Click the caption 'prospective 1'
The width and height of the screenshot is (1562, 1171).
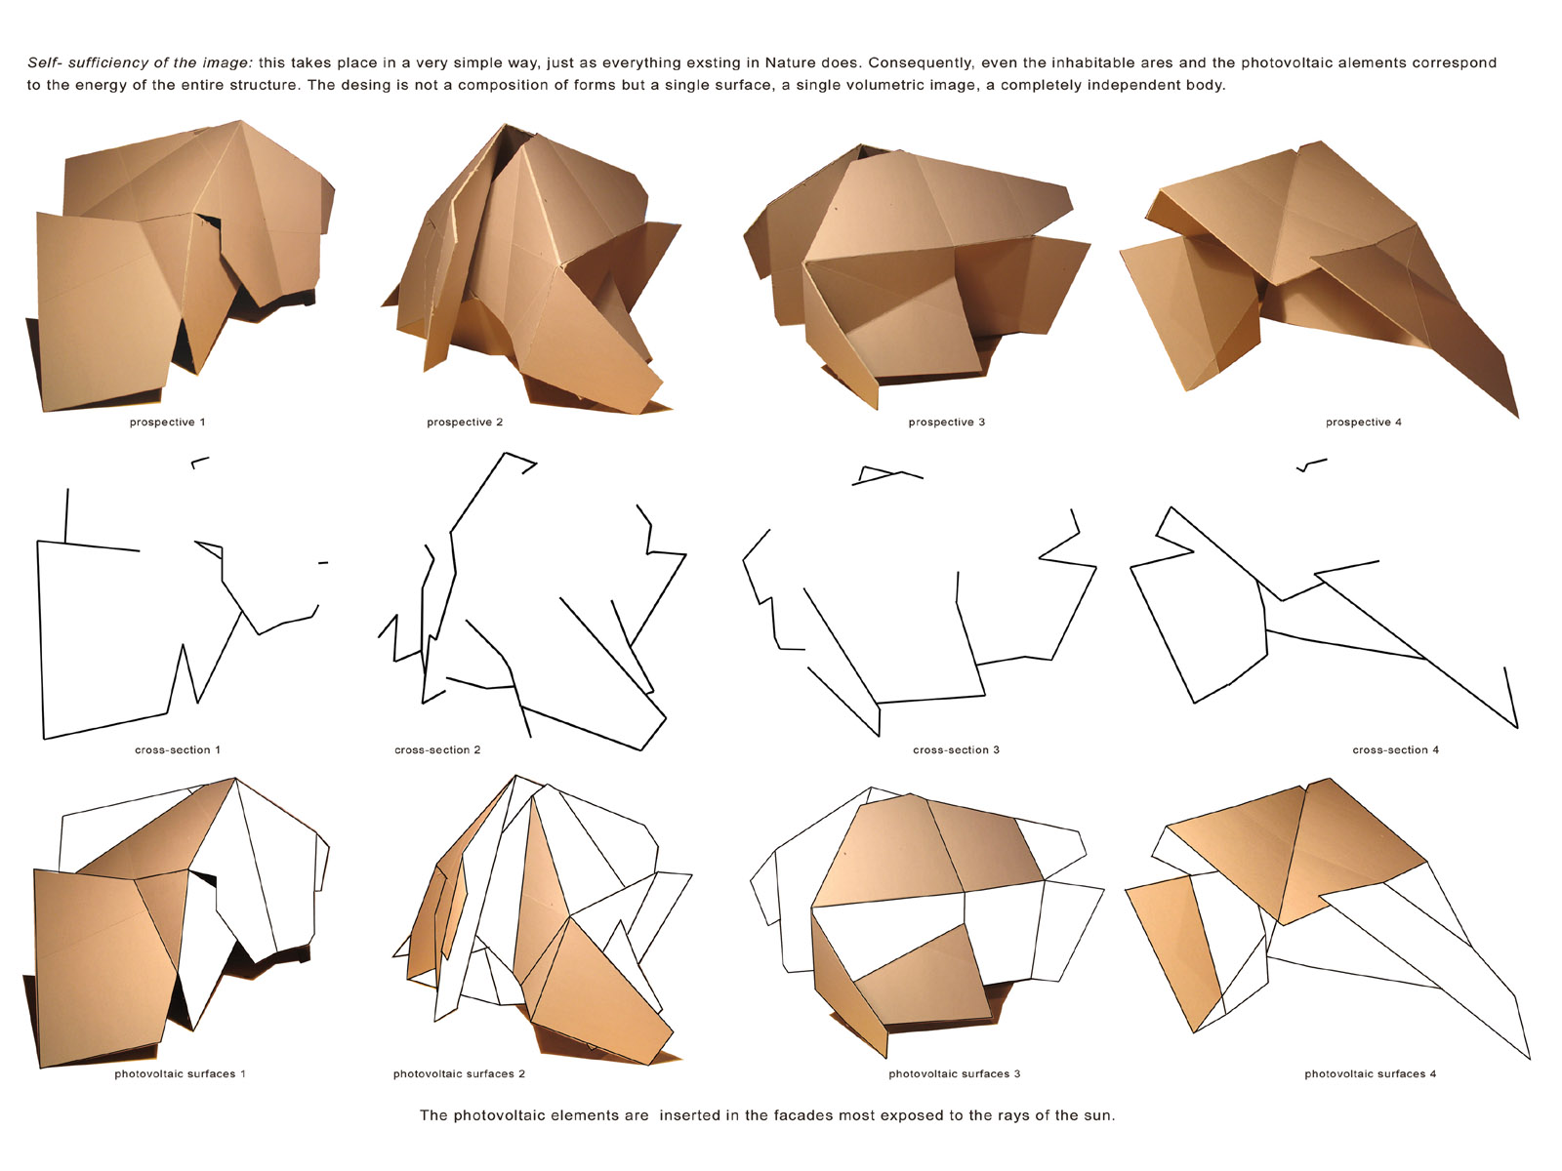click(x=167, y=423)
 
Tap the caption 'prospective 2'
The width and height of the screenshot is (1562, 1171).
click(x=465, y=423)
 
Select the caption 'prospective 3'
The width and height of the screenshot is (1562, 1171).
click(x=946, y=423)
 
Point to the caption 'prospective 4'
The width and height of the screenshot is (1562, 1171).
click(x=1364, y=423)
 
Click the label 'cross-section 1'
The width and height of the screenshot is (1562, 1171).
click(x=178, y=750)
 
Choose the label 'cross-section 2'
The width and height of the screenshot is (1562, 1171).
click(x=437, y=750)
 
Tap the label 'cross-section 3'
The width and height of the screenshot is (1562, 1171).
click(x=957, y=750)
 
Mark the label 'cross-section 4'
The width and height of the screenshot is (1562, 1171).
click(x=1395, y=750)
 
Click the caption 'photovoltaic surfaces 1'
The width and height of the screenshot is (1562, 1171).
click(x=180, y=1073)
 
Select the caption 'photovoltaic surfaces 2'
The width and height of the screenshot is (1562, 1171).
click(x=459, y=1073)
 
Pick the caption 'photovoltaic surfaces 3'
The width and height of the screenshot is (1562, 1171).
click(x=954, y=1073)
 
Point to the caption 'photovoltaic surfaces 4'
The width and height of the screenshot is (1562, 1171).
click(x=1370, y=1073)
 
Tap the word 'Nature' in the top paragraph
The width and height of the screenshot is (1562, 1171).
click(x=790, y=62)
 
